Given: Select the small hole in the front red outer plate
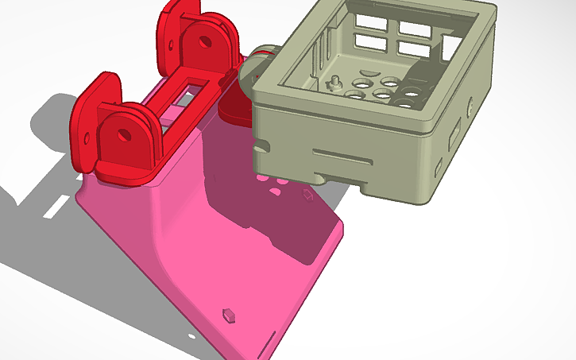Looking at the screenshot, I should (87, 119).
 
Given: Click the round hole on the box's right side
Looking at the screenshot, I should (471, 104).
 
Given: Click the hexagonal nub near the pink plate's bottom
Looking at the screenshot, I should (229, 313).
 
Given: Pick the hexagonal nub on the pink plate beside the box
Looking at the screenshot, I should (305, 194).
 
